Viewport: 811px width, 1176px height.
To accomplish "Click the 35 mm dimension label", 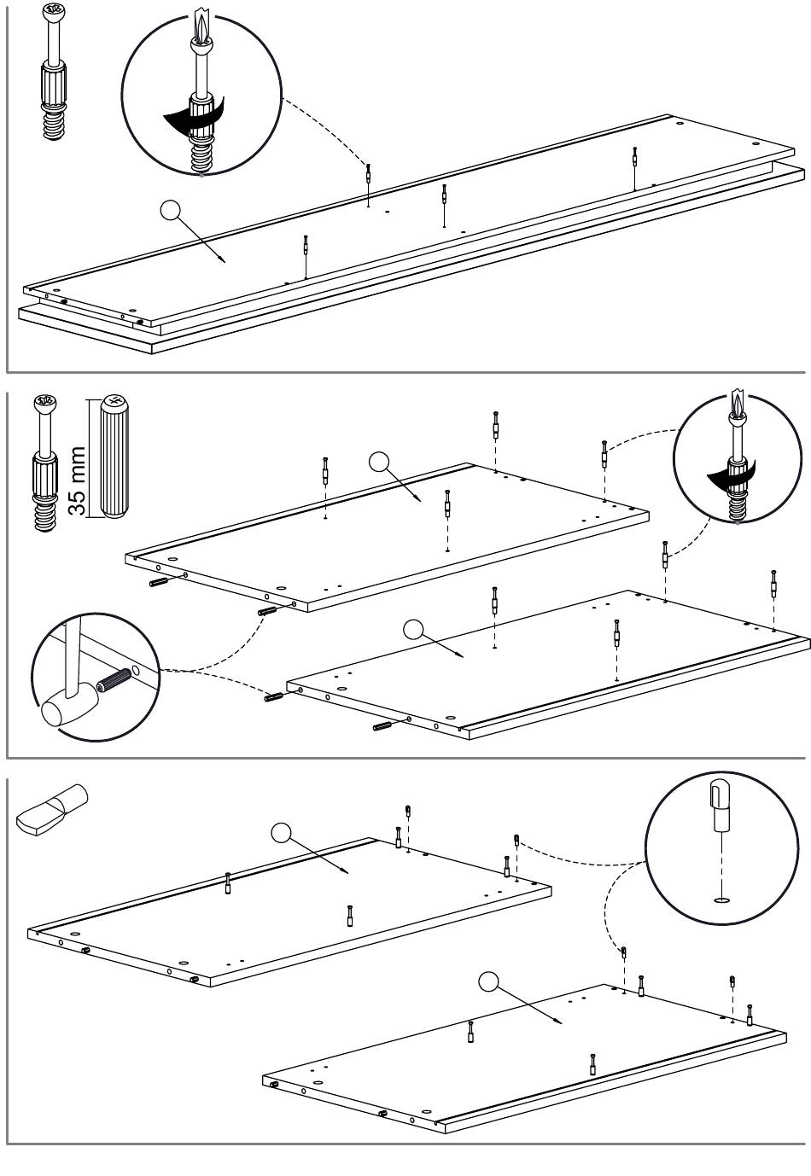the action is [x=77, y=481].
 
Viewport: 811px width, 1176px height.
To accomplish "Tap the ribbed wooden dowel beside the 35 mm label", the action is [x=114, y=456].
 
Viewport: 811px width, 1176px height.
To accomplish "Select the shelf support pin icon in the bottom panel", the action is [x=51, y=810].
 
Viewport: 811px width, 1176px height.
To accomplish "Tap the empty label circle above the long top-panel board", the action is [x=170, y=210].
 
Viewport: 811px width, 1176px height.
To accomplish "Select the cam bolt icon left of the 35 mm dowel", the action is [x=45, y=463].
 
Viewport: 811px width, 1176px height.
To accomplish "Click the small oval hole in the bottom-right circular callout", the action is [x=723, y=900].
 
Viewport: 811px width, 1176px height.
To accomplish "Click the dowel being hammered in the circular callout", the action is [x=114, y=679].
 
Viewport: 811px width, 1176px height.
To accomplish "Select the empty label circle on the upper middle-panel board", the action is [x=379, y=462].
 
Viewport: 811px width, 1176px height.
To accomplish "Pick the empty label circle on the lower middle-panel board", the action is [x=413, y=630].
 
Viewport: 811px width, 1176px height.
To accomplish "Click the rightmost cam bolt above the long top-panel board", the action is [x=634, y=168].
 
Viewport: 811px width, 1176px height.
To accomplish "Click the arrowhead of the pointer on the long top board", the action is [x=223, y=259].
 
